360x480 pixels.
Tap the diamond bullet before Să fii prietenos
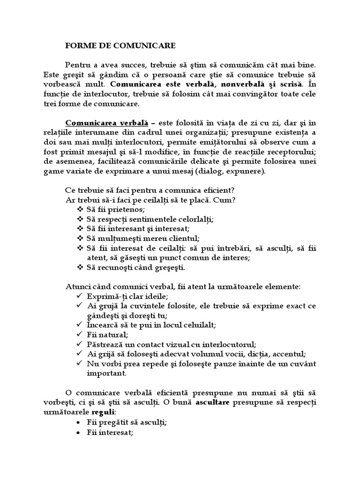(80, 209)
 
